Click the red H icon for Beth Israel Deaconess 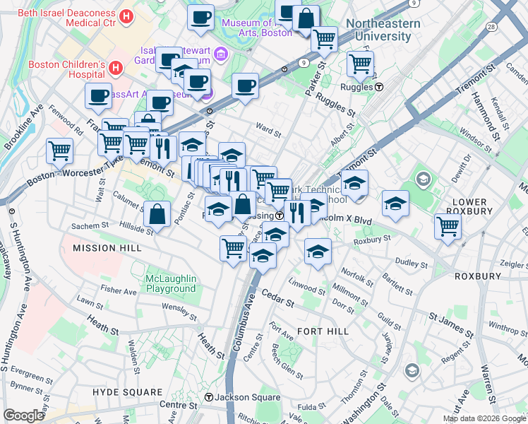pyautogui.click(x=126, y=16)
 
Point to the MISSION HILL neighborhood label pyautogui.click(x=107, y=248)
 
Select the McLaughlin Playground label pyautogui.click(x=170, y=283)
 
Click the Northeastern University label pyautogui.click(x=383, y=29)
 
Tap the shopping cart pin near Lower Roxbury pyautogui.click(x=448, y=227)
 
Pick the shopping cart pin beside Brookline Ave pyautogui.click(x=60, y=149)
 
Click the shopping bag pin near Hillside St pyautogui.click(x=157, y=213)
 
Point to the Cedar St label pyautogui.click(x=277, y=298)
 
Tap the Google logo pyautogui.click(x=24, y=416)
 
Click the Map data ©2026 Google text pyautogui.click(x=484, y=418)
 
